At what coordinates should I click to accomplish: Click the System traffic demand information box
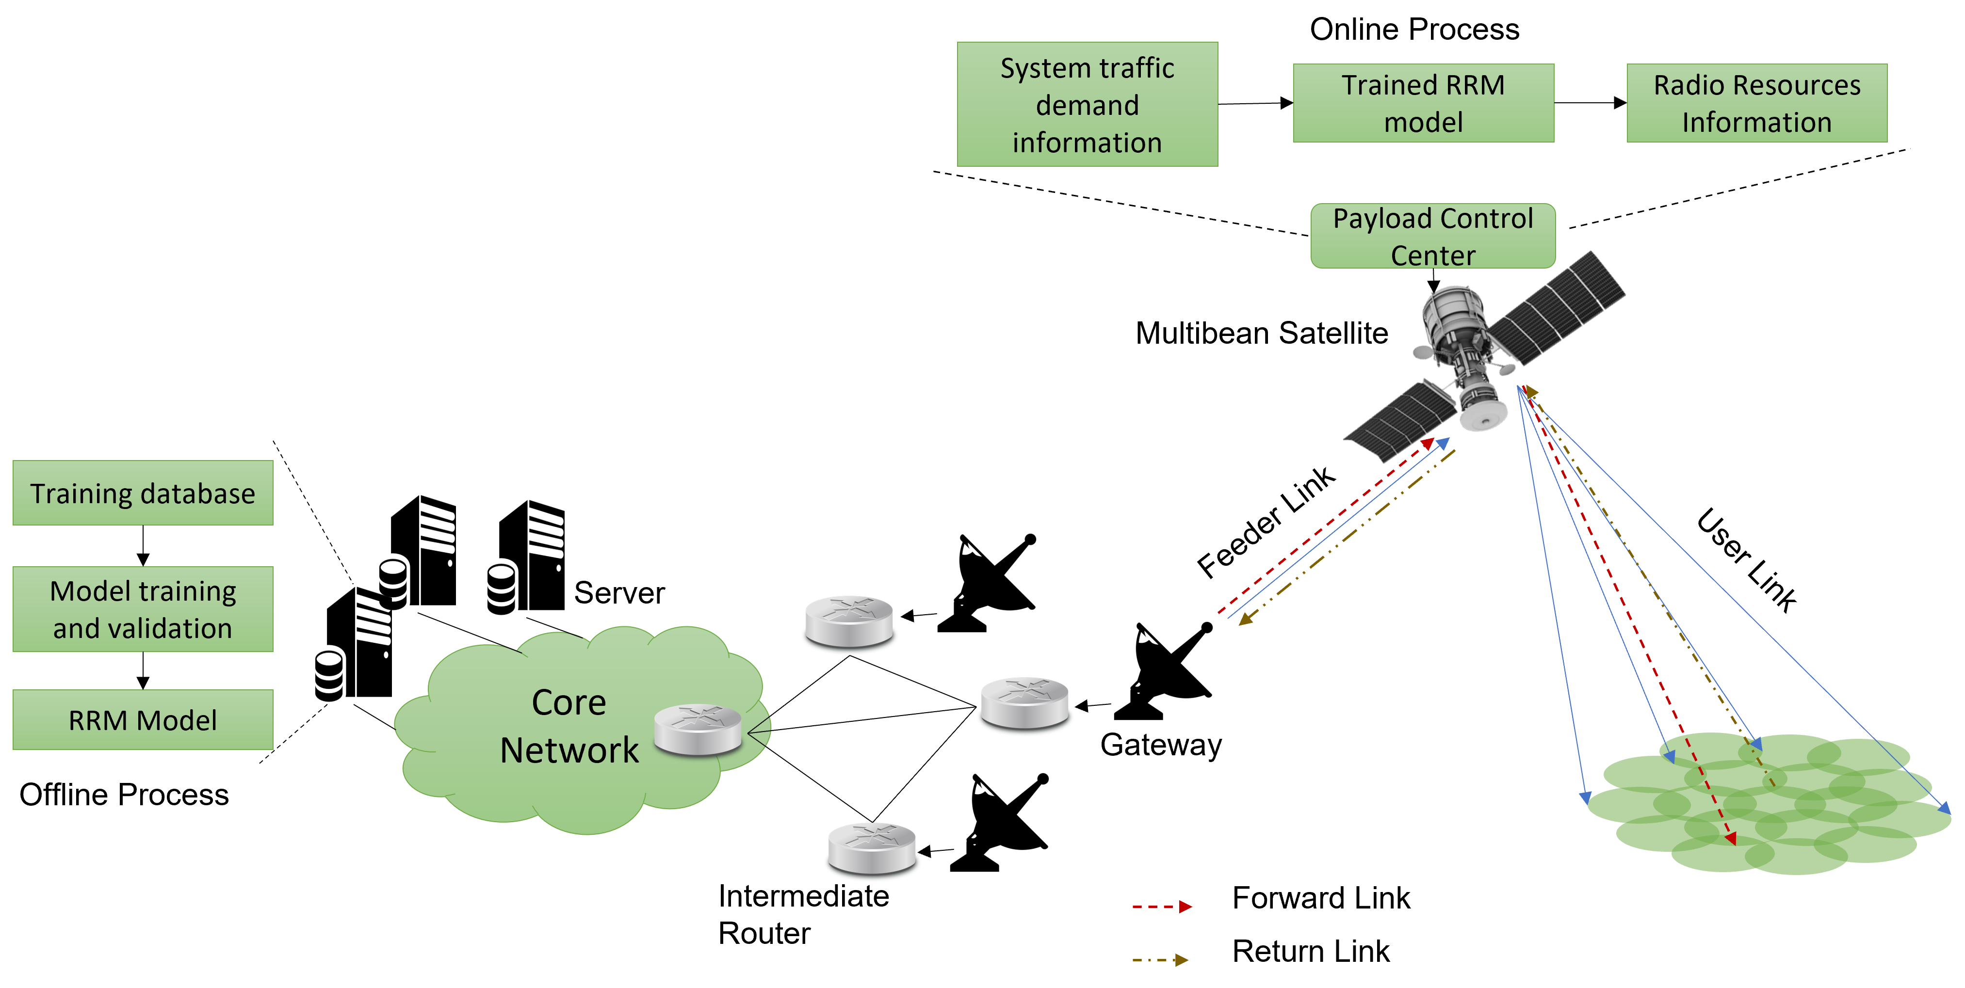click(x=1087, y=104)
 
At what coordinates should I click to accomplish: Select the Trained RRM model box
click(x=1423, y=103)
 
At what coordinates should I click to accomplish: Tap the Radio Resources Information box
click(x=1757, y=103)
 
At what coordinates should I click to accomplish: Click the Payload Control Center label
click(x=1432, y=236)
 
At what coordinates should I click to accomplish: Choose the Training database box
click(x=143, y=493)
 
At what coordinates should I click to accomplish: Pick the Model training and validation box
click(x=143, y=609)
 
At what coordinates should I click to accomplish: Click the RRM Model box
click(x=143, y=719)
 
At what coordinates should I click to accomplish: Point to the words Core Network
click(x=569, y=726)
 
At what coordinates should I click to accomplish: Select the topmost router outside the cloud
click(x=849, y=623)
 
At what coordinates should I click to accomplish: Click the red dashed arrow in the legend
click(x=1161, y=907)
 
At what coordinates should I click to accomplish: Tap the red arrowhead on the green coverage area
click(x=1731, y=839)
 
